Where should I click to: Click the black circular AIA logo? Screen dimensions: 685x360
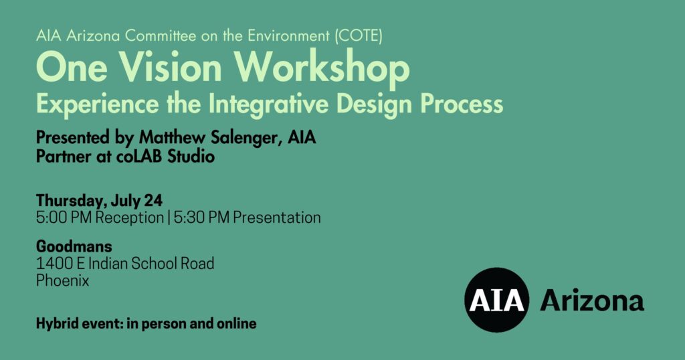497,300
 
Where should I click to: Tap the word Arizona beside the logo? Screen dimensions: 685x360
592,300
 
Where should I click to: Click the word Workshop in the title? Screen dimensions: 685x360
322,68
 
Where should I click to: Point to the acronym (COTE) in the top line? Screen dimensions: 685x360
359,35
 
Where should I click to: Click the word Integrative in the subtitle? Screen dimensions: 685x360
268,104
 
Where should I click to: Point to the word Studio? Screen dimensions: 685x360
191,156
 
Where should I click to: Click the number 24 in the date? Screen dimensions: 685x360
153,201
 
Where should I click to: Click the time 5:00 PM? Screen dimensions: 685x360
64,217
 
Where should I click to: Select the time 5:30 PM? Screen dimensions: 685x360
201,217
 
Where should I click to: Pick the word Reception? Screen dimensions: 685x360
129,218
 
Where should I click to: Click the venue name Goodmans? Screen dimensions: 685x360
74,246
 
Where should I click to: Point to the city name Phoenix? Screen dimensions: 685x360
62,280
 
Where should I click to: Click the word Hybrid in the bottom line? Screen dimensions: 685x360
52,324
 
